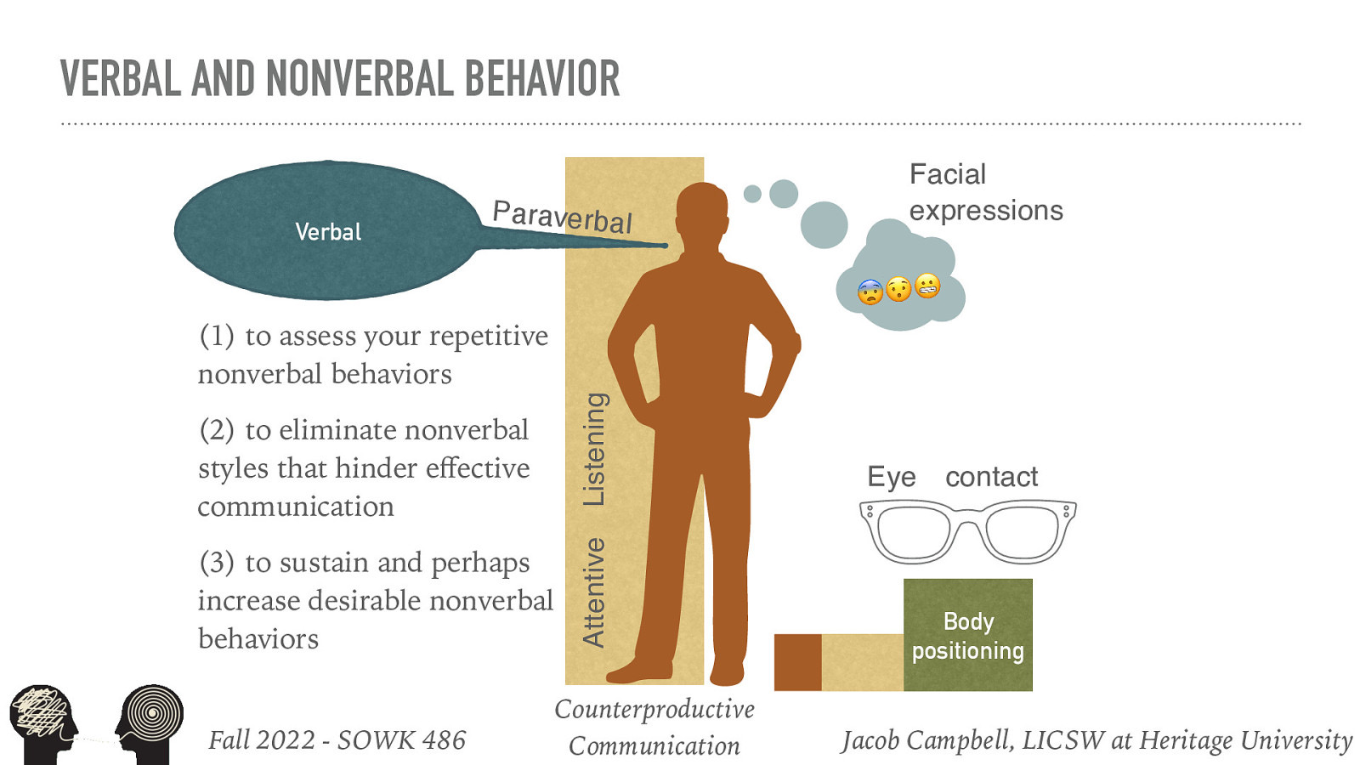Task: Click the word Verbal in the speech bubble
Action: click(x=328, y=231)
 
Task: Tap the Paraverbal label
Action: click(x=563, y=216)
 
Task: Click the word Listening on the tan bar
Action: click(x=595, y=449)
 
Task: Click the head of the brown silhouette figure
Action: click(x=702, y=212)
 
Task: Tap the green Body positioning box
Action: click(x=967, y=635)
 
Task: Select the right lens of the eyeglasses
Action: click(x=1022, y=532)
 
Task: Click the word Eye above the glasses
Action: click(x=891, y=477)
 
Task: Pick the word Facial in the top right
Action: click(x=948, y=174)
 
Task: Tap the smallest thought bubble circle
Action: click(x=752, y=194)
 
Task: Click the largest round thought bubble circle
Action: click(x=824, y=225)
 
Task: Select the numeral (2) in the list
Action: click(x=217, y=430)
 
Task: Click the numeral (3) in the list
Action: click(x=217, y=563)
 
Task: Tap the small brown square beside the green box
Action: click(x=797, y=662)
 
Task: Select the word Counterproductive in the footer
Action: click(x=654, y=709)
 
